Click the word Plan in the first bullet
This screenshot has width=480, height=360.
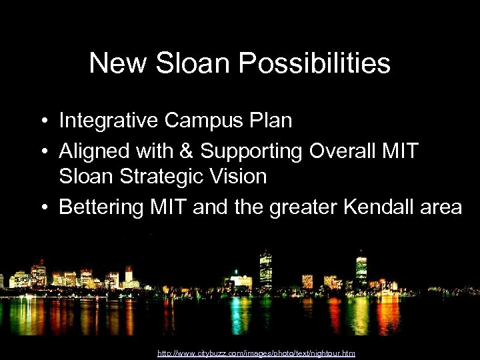tap(270, 121)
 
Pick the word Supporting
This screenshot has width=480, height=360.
tap(253, 151)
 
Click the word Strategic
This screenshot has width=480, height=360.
tap(167, 177)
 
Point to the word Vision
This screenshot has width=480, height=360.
tap(241, 177)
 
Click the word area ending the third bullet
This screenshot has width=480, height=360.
tap(441, 207)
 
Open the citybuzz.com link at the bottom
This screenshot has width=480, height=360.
tap(256, 353)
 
